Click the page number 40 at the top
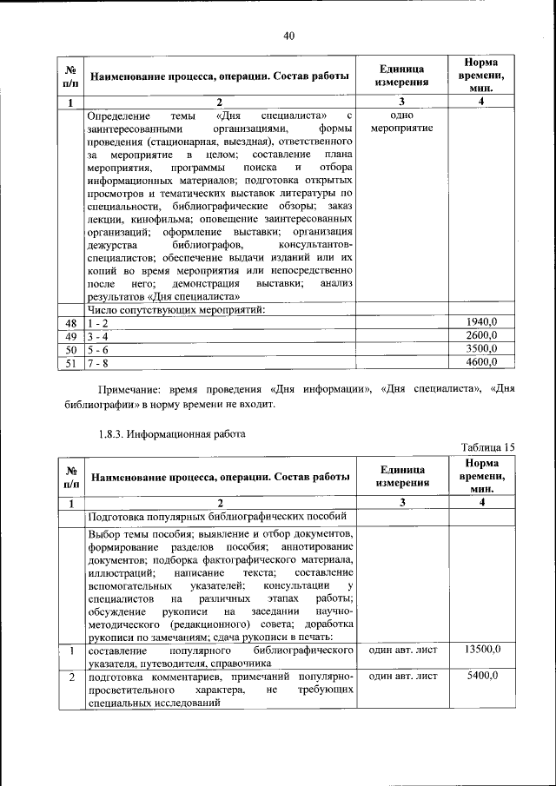tap(289, 35)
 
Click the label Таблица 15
tap(487, 447)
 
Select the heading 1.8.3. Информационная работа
tap(172, 432)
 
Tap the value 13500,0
tap(480, 650)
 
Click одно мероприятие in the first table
tap(401, 122)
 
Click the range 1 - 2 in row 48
tap(96, 322)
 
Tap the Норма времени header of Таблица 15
tap(480, 477)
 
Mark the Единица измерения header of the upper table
tap(401, 76)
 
